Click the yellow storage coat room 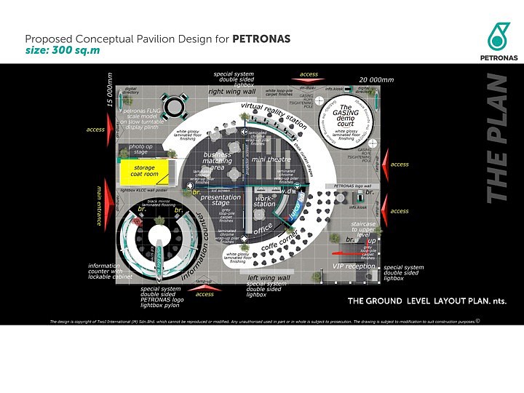[x=144, y=171]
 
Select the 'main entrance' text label [x=99, y=205]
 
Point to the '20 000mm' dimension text [x=376, y=79]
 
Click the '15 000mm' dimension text [x=110, y=90]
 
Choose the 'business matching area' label [x=218, y=162]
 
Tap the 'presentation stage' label [x=221, y=200]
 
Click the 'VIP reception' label [x=354, y=266]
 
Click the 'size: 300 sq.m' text [x=63, y=51]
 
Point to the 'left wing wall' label [x=269, y=278]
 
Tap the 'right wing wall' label [x=231, y=92]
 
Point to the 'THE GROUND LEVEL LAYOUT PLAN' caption [x=426, y=301]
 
